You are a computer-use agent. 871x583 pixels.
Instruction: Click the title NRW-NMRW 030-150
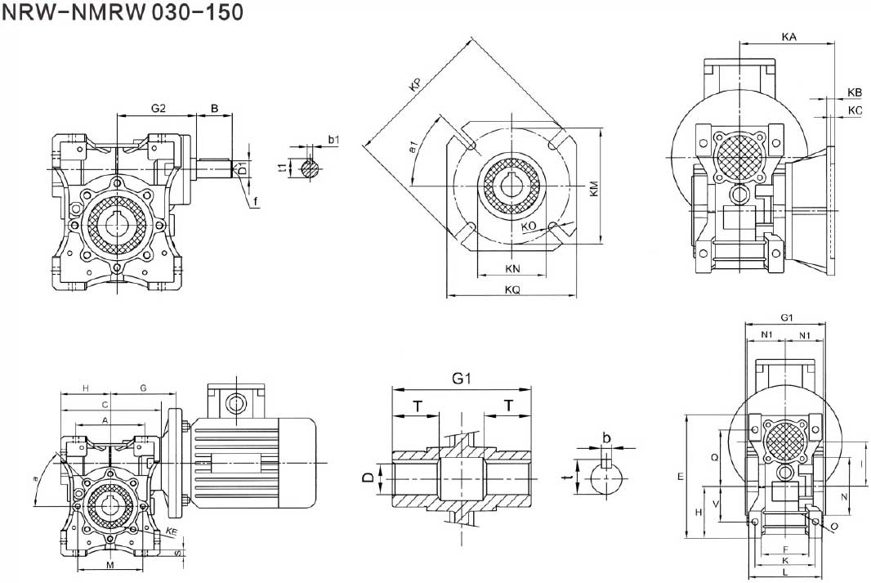click(122, 14)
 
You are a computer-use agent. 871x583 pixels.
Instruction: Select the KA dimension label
click(788, 37)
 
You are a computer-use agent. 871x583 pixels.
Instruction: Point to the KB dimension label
click(855, 92)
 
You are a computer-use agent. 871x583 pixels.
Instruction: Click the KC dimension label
click(855, 110)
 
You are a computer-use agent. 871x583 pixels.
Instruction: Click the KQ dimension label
click(512, 289)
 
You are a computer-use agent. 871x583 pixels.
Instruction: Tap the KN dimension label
click(512, 269)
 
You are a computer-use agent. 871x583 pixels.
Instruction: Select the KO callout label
click(529, 226)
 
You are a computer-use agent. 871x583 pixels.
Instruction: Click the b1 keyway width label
click(333, 141)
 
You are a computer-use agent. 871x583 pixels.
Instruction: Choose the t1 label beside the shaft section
click(283, 168)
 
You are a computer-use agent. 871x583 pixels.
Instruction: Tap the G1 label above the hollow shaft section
click(462, 379)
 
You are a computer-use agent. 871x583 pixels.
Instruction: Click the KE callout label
click(172, 532)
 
